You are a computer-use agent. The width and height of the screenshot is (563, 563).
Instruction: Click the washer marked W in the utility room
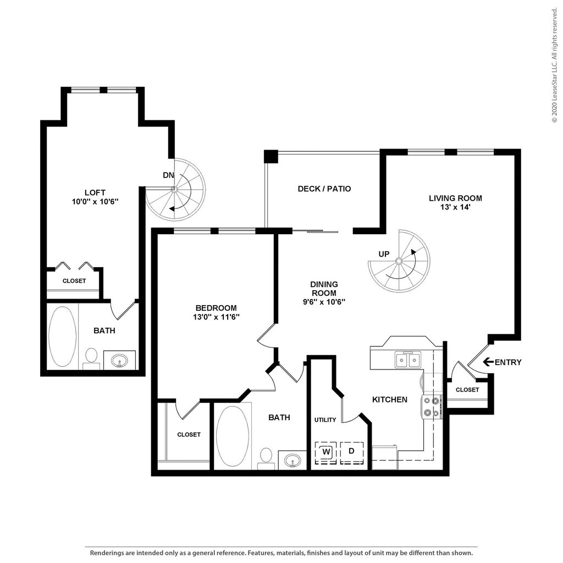click(326, 452)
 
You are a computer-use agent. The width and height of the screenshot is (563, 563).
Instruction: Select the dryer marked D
click(352, 452)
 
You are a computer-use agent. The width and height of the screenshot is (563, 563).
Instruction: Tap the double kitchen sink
click(408, 360)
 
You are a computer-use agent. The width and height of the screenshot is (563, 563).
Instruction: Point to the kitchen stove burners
click(431, 407)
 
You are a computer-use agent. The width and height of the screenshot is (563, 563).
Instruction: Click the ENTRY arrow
click(488, 362)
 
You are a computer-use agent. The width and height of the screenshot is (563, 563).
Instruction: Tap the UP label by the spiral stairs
click(384, 254)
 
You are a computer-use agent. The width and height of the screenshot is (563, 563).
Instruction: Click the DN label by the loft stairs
click(168, 175)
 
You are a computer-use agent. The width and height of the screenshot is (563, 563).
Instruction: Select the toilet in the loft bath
click(92, 358)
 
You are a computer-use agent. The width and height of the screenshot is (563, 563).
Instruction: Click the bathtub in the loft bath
click(63, 336)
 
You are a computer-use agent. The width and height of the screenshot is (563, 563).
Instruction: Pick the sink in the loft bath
click(119, 360)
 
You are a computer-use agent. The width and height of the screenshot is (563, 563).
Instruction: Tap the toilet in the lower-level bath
click(266, 459)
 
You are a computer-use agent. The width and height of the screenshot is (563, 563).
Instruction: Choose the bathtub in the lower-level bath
click(233, 436)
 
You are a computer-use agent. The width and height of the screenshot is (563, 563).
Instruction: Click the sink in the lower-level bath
click(292, 460)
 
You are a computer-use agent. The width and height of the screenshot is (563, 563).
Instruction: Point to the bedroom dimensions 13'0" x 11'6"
click(216, 317)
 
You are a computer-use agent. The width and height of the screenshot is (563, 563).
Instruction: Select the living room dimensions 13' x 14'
click(455, 207)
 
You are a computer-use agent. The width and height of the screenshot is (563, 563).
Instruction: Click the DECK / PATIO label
click(324, 189)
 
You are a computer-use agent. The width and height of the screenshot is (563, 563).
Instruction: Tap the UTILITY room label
click(325, 420)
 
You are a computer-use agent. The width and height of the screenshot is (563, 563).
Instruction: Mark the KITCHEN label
click(390, 400)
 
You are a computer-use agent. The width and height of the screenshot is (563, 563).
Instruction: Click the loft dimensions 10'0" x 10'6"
click(95, 202)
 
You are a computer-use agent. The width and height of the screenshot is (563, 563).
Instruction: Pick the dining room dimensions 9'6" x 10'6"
click(324, 302)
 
